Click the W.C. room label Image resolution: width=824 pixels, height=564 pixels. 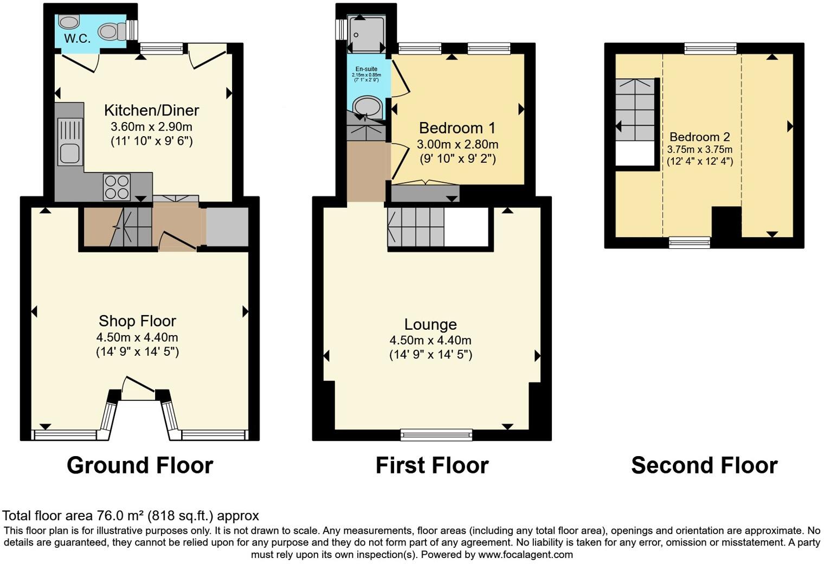[77, 39]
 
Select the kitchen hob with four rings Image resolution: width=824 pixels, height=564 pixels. [117, 187]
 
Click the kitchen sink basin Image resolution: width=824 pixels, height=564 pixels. [70, 153]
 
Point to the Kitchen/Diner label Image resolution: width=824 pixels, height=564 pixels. [151, 111]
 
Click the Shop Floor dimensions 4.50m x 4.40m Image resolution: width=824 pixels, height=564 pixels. [137, 337]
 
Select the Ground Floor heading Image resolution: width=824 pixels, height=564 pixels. [140, 465]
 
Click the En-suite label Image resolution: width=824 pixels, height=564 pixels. [366, 69]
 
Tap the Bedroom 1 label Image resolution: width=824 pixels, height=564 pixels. [457, 129]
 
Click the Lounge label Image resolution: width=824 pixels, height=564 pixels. [430, 324]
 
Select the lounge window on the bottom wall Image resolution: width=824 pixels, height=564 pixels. [436, 434]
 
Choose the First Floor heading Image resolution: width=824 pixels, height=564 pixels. [432, 465]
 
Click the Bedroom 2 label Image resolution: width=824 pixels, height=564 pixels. [699, 137]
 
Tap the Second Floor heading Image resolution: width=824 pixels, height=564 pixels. [704, 465]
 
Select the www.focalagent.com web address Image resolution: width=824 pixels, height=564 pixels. [525, 555]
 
